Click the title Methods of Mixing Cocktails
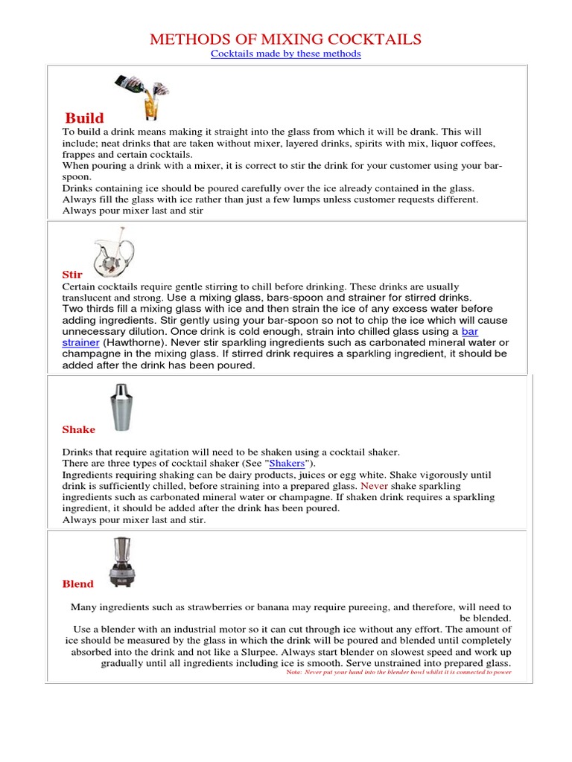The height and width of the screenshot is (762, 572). [286, 39]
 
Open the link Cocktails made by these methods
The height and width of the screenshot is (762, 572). [286, 54]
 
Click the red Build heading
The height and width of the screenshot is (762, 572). [84, 118]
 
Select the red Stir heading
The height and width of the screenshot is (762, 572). [71, 275]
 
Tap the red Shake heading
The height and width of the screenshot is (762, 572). [78, 429]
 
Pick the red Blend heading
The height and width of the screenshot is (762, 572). [77, 584]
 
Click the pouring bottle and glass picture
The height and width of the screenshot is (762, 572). [142, 97]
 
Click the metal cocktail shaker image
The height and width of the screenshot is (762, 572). [119, 409]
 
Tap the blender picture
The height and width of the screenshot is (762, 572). [121, 563]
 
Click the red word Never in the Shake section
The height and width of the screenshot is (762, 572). [375, 486]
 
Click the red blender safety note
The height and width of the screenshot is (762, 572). [398, 672]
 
